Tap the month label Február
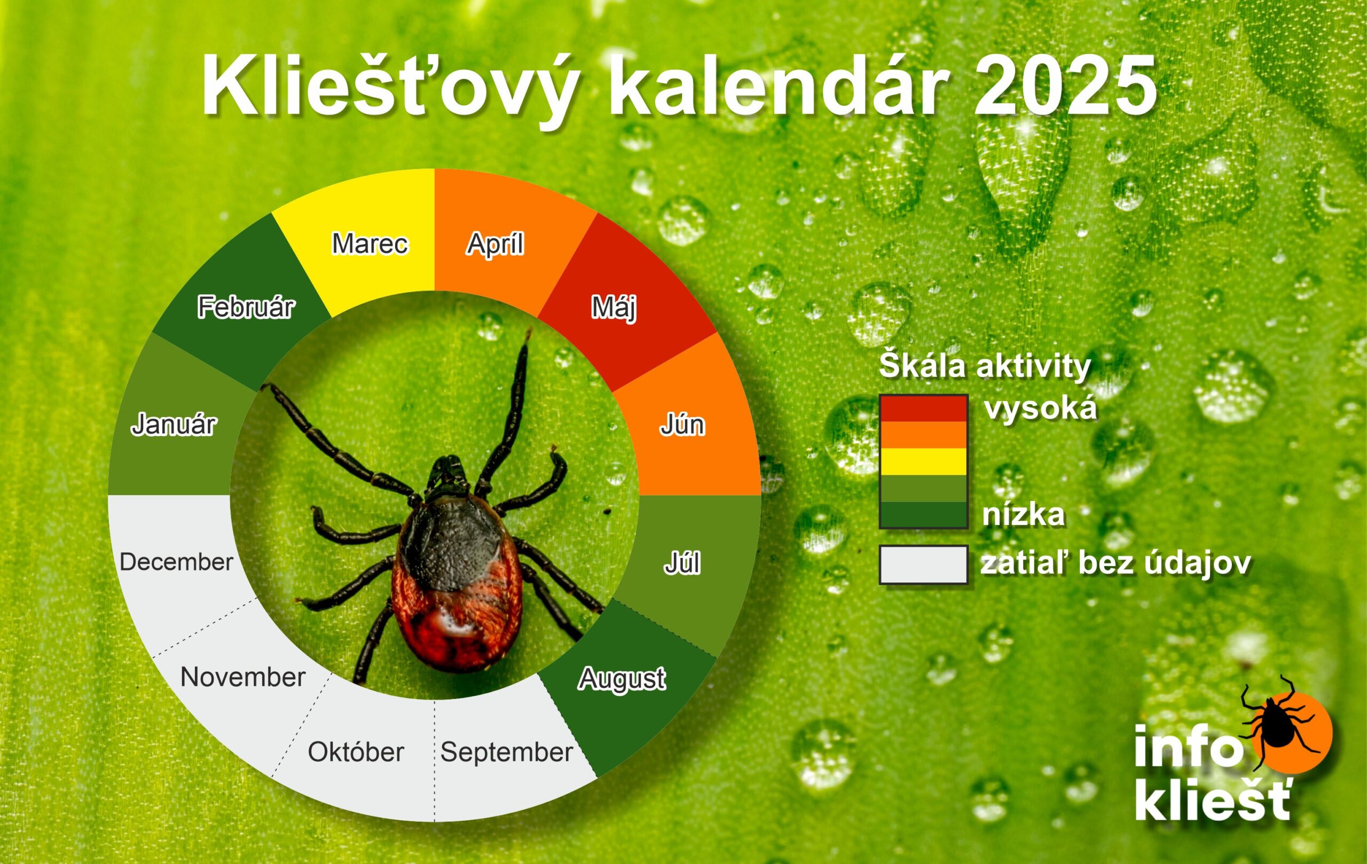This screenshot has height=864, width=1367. click(246, 307)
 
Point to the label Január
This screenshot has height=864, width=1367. click(174, 424)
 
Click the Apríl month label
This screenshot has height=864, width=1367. click(495, 244)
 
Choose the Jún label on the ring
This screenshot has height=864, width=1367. click(682, 425)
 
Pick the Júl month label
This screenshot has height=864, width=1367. click(682, 563)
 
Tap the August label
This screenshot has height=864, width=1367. click(622, 679)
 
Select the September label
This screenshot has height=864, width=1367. click(507, 752)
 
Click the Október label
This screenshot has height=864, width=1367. click(356, 752)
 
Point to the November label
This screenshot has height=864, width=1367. click(243, 677)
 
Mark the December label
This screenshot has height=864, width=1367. click(177, 562)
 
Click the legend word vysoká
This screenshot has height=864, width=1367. click(1041, 409)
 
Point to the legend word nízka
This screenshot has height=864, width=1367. click(1023, 515)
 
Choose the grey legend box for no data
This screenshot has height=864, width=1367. click(923, 565)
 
